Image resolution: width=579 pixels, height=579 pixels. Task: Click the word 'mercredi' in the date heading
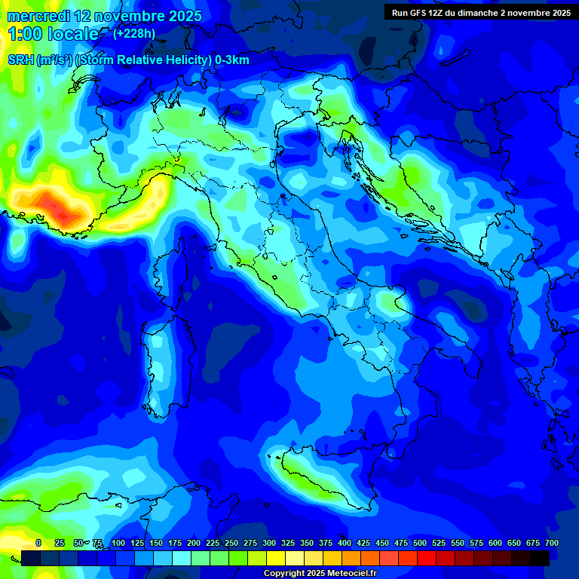[38, 16]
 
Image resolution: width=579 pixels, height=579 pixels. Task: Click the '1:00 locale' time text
[54, 34]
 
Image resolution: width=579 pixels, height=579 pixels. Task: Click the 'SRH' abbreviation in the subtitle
[21, 60]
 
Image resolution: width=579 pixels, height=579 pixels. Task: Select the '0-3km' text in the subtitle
[231, 60]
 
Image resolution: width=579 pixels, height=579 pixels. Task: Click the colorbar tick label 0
[38, 543]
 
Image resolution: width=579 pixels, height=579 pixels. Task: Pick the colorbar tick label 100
[118, 543]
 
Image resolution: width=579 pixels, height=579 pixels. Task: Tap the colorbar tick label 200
[194, 543]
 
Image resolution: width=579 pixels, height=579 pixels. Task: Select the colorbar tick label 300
[269, 543]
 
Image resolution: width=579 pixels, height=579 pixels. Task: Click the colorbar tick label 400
[345, 543]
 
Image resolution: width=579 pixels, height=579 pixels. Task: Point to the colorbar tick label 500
[420, 543]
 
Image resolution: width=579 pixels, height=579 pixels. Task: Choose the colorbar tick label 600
[495, 543]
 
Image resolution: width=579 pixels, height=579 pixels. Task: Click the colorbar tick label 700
[552, 543]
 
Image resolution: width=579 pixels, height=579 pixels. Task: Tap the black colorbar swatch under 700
[540, 558]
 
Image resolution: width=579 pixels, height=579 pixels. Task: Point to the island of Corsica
[170, 271]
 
